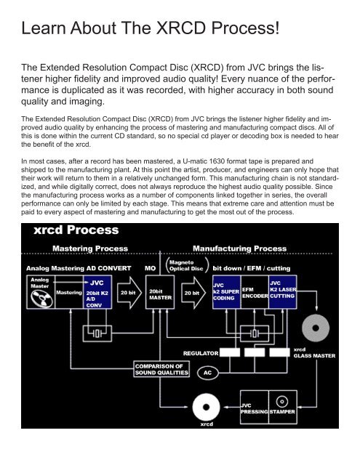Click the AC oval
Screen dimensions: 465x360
tap(207, 371)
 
